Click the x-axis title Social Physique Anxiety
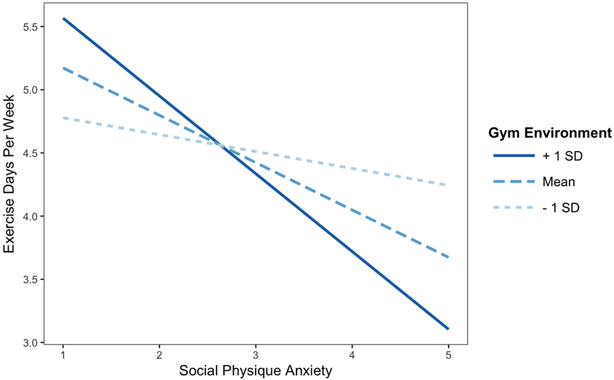[x=255, y=370]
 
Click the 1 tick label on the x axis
[x=63, y=355]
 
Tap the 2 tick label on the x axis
[x=159, y=355]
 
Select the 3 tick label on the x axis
[x=255, y=355]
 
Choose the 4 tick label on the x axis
[x=351, y=355]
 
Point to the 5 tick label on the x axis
[x=448, y=355]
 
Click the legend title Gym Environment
[x=550, y=133]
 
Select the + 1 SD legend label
[x=562, y=156]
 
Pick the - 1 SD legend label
[x=561, y=208]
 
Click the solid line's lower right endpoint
[x=448, y=329]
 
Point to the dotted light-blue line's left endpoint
[x=63, y=118]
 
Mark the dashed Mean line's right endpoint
[x=448, y=257]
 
